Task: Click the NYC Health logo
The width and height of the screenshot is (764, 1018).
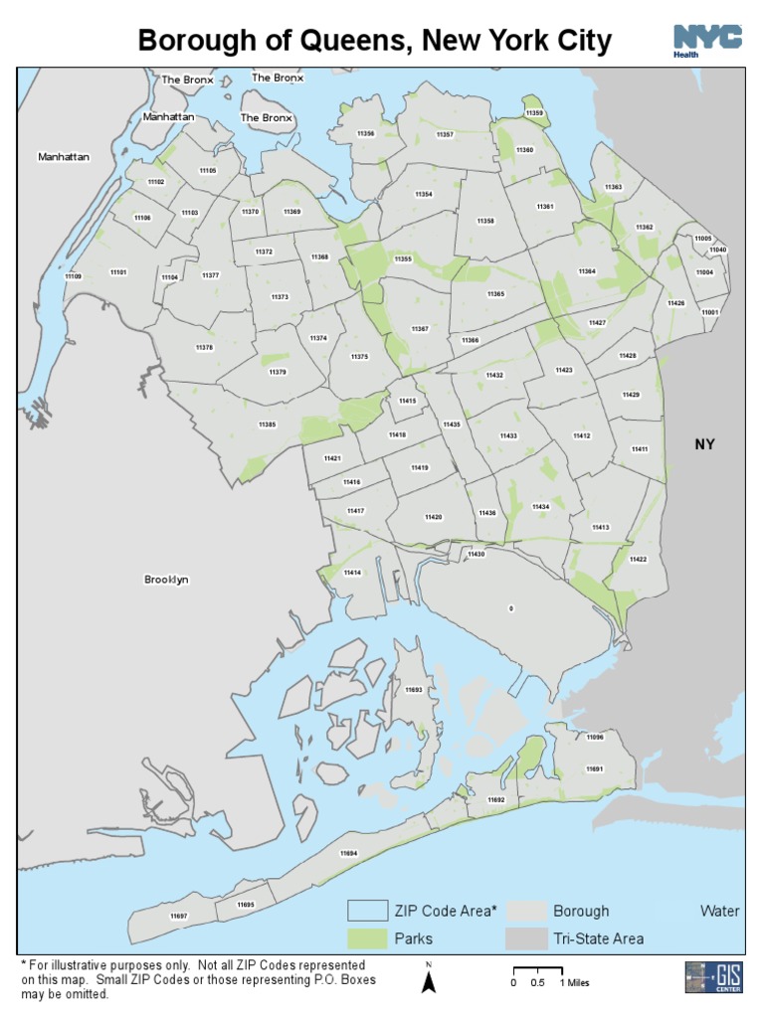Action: click(707, 40)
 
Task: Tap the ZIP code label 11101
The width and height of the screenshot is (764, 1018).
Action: click(118, 272)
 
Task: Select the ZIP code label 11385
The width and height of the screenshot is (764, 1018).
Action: click(267, 424)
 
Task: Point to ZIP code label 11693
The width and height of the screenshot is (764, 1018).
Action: click(414, 689)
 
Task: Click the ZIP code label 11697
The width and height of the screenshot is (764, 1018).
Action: click(178, 915)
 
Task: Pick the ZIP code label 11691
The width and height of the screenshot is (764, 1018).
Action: click(595, 768)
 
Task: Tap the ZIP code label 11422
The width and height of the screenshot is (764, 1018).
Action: click(639, 560)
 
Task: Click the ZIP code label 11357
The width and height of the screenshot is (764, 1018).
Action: click(445, 134)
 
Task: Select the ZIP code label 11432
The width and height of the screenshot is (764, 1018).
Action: click(494, 375)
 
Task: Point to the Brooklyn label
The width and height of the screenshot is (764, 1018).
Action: click(166, 580)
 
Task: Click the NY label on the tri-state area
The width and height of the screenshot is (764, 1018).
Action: click(704, 444)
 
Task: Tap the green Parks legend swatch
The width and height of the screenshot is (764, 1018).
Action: click(366, 937)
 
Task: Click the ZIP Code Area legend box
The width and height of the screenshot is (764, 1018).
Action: click(366, 911)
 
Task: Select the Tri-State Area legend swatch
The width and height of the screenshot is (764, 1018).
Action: click(525, 937)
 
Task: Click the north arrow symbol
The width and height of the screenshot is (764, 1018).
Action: click(429, 980)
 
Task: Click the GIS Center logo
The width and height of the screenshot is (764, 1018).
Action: click(713, 976)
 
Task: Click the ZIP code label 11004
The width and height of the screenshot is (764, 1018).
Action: click(704, 271)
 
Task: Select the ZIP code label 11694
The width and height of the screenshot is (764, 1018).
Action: click(348, 854)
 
